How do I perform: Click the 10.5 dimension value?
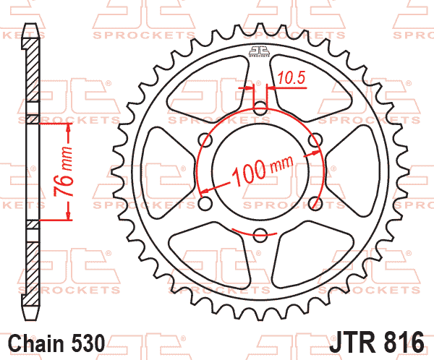click(292, 78)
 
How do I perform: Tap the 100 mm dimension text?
click(262, 171)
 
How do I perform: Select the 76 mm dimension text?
click(64, 171)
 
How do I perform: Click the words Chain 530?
click(56, 343)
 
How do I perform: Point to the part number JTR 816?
click(377, 343)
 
